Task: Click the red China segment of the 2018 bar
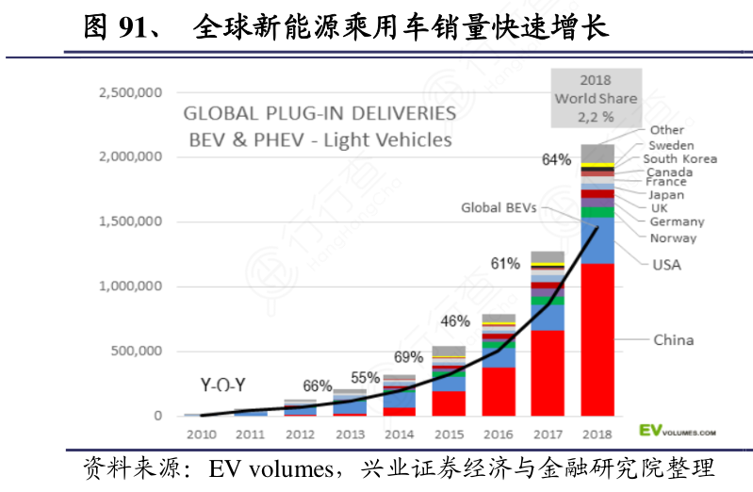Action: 597,339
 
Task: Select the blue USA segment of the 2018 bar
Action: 597,240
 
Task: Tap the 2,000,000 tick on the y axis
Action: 131,157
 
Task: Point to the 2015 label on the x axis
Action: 448,434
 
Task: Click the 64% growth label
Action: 556,160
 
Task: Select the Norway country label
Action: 673,238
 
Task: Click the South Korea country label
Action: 680,159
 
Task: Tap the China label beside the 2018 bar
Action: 673,340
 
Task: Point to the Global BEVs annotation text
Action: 497,207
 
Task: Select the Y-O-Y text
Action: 225,385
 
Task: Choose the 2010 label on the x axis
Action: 201,434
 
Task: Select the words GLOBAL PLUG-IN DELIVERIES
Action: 319,114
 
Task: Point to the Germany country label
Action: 677,221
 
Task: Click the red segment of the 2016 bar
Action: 498,391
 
